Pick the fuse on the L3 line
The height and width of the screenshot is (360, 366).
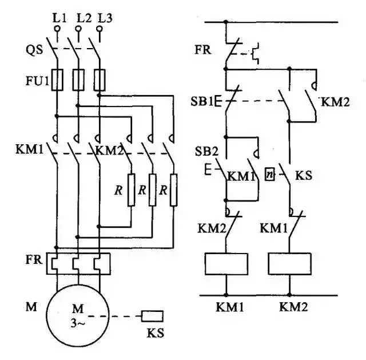(x=100, y=80)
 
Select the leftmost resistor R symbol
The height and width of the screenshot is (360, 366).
(x=132, y=191)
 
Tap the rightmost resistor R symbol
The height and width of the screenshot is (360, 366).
(x=174, y=191)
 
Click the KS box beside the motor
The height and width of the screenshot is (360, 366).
(x=153, y=315)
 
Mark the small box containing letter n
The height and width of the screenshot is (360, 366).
(x=270, y=173)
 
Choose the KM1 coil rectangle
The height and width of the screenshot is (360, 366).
(x=226, y=263)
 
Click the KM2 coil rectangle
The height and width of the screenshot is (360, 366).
(x=290, y=263)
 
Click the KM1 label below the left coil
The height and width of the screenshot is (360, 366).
(x=230, y=307)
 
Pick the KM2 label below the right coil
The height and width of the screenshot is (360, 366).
(x=293, y=307)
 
